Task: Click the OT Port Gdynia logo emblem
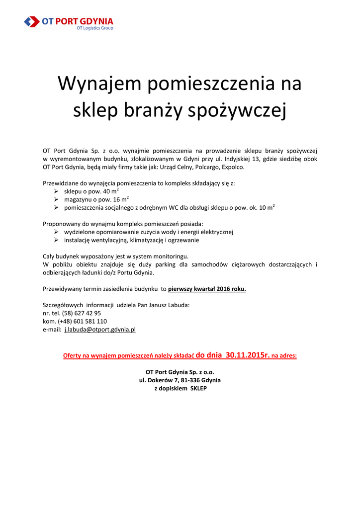click(x=32, y=21)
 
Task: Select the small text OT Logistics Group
click(x=94, y=28)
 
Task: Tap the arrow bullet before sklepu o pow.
click(x=57, y=191)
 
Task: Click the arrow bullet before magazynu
click(x=57, y=199)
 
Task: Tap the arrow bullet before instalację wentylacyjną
click(x=57, y=240)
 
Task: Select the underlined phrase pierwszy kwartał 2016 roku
click(x=207, y=289)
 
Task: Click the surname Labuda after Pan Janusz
click(x=178, y=305)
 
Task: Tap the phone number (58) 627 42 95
click(x=82, y=313)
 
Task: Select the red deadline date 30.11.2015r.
click(x=247, y=355)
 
